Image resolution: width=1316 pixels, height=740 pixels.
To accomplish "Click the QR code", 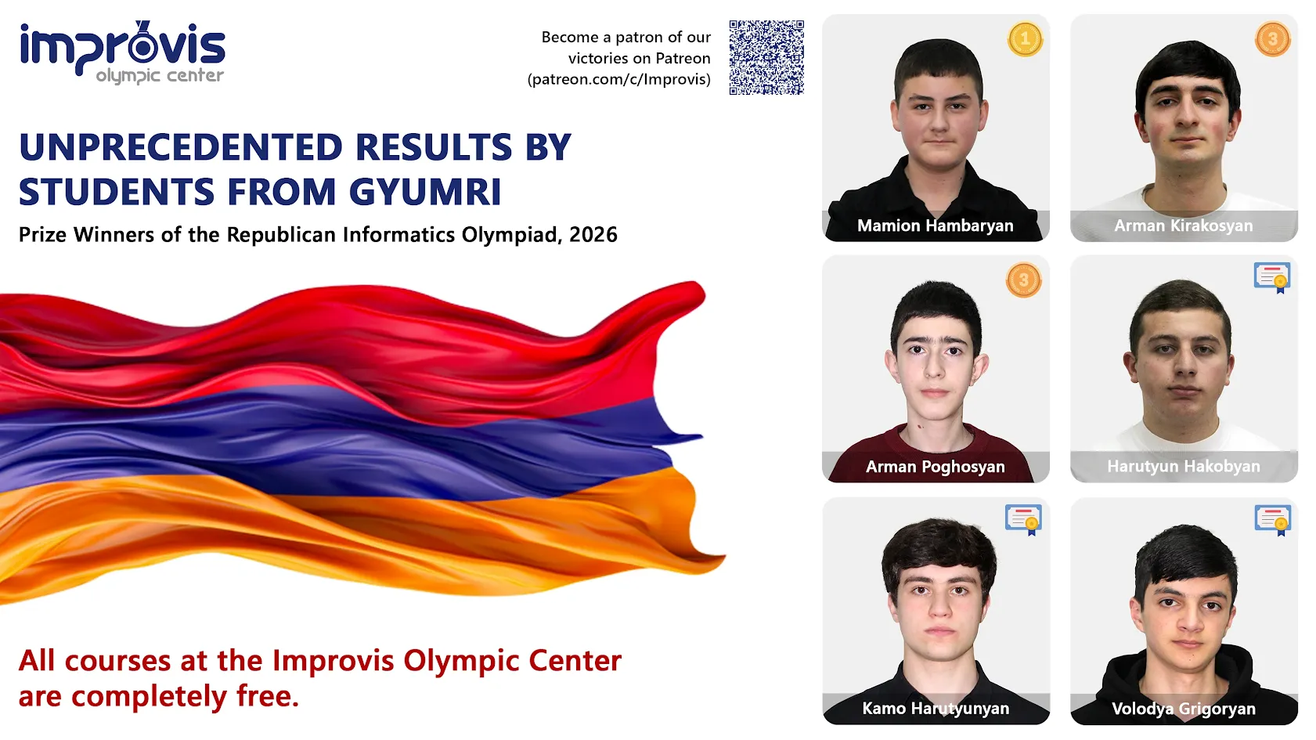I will tap(766, 57).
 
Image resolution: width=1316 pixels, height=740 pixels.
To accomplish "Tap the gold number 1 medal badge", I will tap(1025, 39).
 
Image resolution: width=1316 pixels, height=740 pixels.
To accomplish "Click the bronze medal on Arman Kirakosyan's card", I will tap(1272, 39).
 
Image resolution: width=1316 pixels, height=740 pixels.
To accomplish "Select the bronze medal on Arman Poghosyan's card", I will tap(1023, 280).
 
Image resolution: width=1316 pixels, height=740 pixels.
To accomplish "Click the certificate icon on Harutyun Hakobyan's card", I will tap(1271, 277).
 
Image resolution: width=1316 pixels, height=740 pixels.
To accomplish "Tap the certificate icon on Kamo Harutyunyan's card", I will tap(1023, 519).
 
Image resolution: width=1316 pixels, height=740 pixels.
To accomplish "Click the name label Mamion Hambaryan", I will tap(935, 226).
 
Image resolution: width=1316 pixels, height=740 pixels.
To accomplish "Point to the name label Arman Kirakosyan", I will tap(1183, 226).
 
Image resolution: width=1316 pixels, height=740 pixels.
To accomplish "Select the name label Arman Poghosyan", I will tap(935, 467).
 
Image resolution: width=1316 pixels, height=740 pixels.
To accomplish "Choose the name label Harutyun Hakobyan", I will tap(1183, 467).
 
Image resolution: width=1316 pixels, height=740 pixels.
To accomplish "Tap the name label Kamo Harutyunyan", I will tap(935, 709).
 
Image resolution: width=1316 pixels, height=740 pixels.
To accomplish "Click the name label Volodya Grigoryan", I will tap(1183, 709).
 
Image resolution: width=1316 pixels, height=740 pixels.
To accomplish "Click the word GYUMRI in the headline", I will tap(424, 192).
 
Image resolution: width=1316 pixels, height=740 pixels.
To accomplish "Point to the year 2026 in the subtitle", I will tap(593, 235).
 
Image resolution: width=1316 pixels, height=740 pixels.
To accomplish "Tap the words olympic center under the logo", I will tap(160, 76).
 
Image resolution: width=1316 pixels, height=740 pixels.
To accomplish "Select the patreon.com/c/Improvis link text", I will tap(619, 79).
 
